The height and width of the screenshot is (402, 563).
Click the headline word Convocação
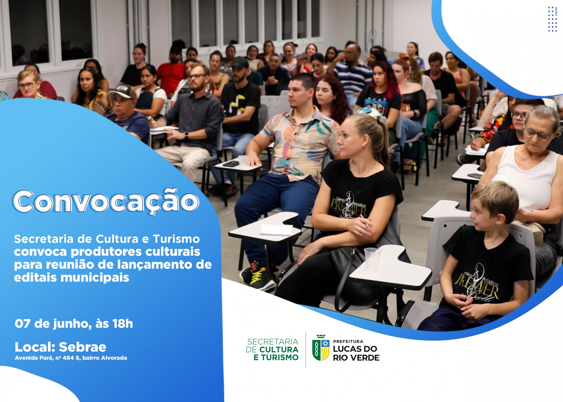point(105,201)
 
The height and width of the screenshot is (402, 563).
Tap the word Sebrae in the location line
point(83,347)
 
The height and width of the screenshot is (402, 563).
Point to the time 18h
point(123,323)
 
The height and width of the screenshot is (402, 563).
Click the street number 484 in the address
point(68,358)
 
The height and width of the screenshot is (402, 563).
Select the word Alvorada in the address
point(114,358)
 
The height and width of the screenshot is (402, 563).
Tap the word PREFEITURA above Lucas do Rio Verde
point(348,341)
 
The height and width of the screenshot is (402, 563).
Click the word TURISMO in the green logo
point(280,357)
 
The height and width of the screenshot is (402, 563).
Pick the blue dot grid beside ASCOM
point(552,19)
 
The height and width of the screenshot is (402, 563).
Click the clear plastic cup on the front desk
point(372,259)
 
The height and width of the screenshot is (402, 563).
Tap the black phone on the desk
point(231,164)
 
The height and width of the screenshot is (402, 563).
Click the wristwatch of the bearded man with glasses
point(186,135)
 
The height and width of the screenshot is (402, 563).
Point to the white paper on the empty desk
point(276,230)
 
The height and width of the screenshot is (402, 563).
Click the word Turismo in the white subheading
point(176,239)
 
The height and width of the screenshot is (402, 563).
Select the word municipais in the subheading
point(95,277)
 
